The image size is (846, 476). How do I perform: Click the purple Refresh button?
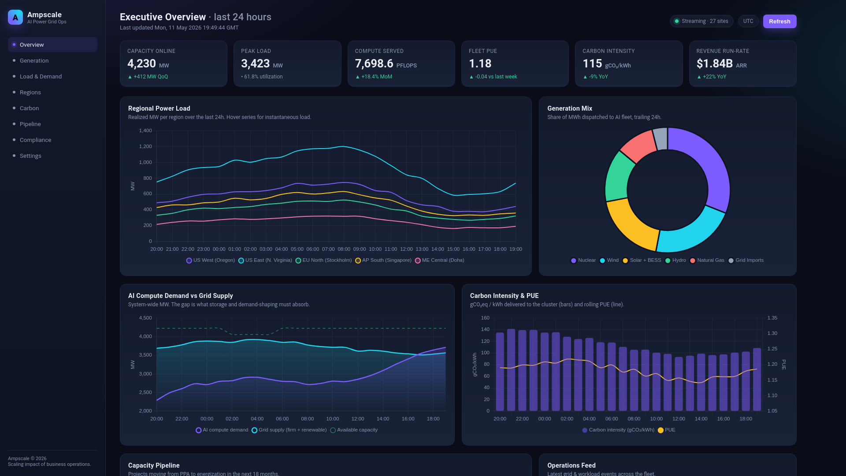(779, 21)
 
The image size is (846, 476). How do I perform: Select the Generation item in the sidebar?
(34, 60)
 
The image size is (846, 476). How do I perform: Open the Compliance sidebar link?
(35, 140)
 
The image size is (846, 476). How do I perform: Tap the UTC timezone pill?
(748, 21)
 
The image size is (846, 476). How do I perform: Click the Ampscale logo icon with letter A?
(15, 17)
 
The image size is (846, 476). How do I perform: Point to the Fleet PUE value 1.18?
(480, 64)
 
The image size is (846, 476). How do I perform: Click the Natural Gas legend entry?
(707, 260)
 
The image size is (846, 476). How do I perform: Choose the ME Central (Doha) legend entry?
(440, 260)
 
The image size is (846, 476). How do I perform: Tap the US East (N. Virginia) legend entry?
(265, 260)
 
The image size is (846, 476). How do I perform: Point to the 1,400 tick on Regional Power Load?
(145, 130)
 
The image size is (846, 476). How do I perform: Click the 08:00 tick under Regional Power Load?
(344, 249)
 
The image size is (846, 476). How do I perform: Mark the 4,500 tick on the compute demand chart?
(145, 318)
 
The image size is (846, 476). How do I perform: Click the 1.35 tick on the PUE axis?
(772, 318)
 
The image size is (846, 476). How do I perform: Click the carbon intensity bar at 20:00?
(500, 372)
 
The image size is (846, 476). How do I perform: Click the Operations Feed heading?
(571, 465)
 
